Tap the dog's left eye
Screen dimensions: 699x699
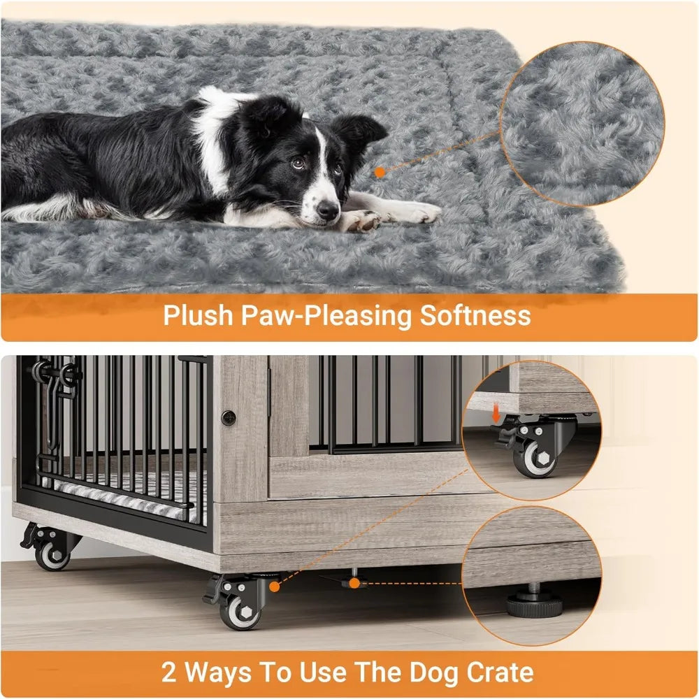[299, 163]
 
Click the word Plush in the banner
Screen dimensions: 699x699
[195, 315]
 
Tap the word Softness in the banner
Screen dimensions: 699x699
[475, 315]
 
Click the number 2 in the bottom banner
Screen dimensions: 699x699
[169, 673]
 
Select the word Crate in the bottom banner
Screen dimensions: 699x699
[498, 673]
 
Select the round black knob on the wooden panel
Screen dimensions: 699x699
[229, 419]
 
